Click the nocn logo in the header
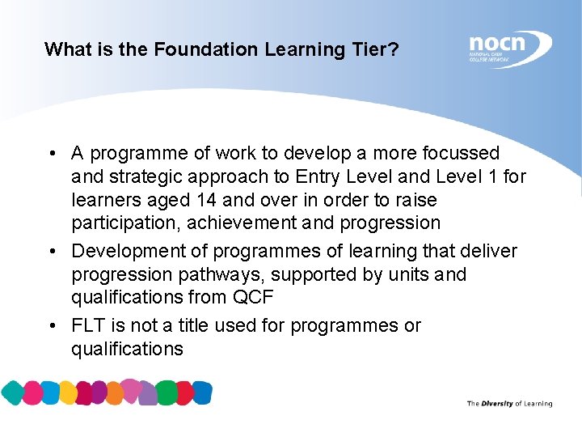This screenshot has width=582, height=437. [509, 48]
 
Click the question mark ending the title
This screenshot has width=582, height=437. [394, 49]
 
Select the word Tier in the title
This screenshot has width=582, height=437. [369, 49]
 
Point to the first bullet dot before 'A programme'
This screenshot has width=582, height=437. [51, 154]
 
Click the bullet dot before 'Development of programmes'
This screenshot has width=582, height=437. [51, 252]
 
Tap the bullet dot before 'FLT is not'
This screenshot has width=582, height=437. [51, 326]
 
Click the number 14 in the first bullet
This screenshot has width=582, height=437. [207, 200]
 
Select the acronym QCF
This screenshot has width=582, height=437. [253, 297]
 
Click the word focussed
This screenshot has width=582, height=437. [461, 153]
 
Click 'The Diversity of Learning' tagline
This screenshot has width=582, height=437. [509, 403]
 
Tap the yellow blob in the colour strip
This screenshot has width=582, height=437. [68, 393]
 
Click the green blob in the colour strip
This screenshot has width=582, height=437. [167, 393]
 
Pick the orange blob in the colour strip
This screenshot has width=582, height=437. [116, 393]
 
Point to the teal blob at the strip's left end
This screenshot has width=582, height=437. [12, 393]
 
